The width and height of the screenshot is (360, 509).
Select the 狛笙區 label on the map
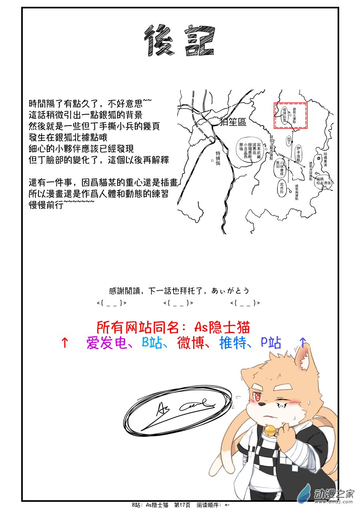pyautogui.click(x=233, y=122)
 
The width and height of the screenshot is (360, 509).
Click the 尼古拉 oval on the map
pyautogui.click(x=282, y=188)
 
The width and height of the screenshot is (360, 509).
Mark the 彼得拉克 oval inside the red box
pyautogui.click(x=284, y=115)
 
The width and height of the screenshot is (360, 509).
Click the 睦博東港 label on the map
pyautogui.click(x=325, y=159)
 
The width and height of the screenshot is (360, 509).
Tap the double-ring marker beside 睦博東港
pyautogui.click(x=318, y=158)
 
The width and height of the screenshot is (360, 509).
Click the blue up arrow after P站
pyautogui.click(x=303, y=342)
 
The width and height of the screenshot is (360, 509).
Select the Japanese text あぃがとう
pyautogui.click(x=234, y=291)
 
